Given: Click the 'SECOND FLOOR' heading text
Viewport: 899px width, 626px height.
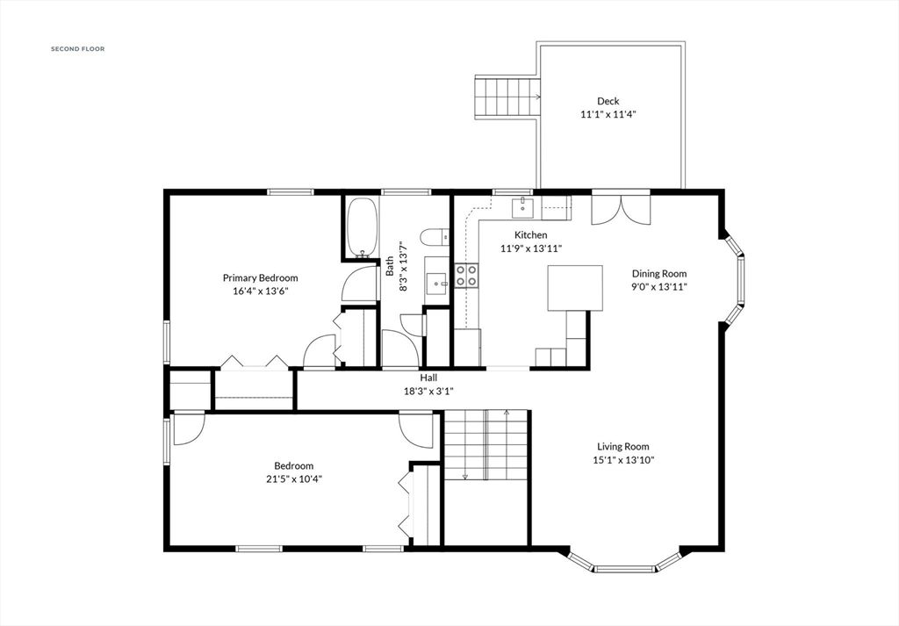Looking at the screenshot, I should (x=77, y=49).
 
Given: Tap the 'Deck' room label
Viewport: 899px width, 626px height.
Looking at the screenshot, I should (x=608, y=101).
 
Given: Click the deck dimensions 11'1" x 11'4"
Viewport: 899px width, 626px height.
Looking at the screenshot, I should (x=608, y=114).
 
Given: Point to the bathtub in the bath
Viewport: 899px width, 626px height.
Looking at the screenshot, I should (x=361, y=227).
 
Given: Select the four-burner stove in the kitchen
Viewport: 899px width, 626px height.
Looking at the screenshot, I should (x=466, y=276).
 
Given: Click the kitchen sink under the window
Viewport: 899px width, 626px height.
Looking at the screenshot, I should (x=525, y=207).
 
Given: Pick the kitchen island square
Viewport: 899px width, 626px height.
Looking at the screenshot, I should (x=577, y=288).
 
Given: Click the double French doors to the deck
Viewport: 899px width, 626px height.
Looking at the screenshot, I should (x=621, y=209).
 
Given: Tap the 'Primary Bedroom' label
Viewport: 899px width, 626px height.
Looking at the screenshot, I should (x=260, y=277).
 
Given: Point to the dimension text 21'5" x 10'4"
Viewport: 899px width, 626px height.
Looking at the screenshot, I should (x=293, y=478).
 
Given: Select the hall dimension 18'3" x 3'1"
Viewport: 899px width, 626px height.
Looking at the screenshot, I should (x=428, y=391).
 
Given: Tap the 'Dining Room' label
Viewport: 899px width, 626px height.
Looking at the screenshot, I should (x=658, y=273).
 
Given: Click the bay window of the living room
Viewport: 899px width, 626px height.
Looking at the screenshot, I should (x=623, y=565).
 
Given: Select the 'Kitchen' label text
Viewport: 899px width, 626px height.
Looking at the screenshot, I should (x=530, y=234).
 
